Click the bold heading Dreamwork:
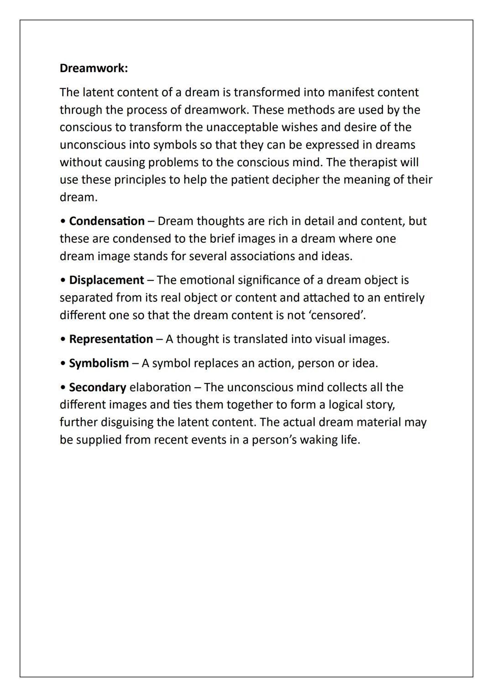click(94, 68)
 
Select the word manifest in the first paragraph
click(351, 93)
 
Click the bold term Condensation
click(107, 221)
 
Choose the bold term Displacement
click(106, 280)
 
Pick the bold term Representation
click(111, 340)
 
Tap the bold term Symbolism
click(99, 364)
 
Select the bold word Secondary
click(97, 388)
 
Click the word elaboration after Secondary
click(160, 388)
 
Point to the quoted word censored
click(337, 315)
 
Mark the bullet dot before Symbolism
click(63, 364)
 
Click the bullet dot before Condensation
click(63, 221)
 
